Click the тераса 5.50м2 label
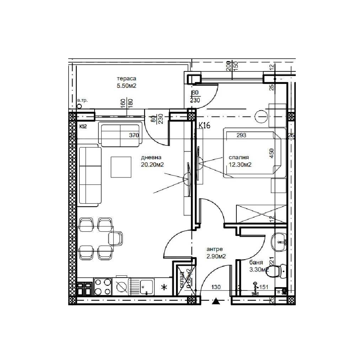tap(127, 82)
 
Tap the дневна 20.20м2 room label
tap(152, 161)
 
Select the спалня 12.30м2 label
tap(240, 161)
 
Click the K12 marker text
tap(83, 126)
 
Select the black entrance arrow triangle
tap(215, 302)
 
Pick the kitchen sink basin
tap(146, 286)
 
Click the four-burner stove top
tap(103, 287)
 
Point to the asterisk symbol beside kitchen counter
tap(164, 287)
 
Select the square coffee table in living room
tap(122, 167)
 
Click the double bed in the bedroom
tap(253, 154)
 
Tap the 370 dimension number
tap(134, 135)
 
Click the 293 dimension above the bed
tap(241, 135)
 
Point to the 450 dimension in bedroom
tap(272, 153)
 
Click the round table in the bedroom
tap(262, 116)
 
